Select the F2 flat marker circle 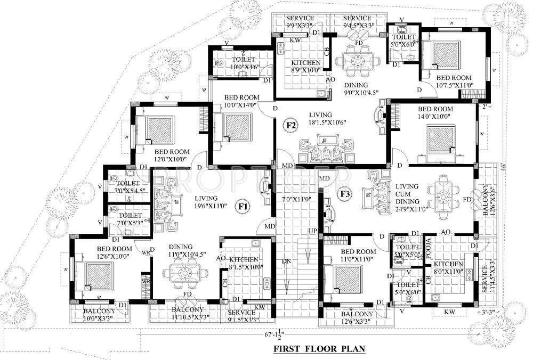click(x=291, y=126)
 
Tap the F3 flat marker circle click(x=345, y=194)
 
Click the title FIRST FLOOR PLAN click(x=319, y=349)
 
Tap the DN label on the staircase click(x=286, y=261)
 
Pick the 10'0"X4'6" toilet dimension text click(x=244, y=67)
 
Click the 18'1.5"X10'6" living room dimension click(x=330, y=123)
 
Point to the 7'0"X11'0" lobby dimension click(x=295, y=199)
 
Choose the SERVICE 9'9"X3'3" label click(x=301, y=21)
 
